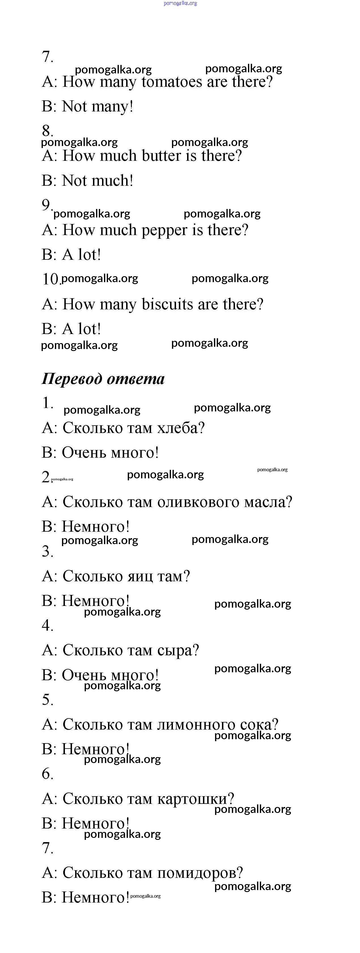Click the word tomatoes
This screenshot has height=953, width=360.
point(172,82)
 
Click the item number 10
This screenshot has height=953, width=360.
point(51,279)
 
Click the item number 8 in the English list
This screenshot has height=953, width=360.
point(47,131)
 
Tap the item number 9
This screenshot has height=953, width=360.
point(46,205)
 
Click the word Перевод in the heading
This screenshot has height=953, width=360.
point(72,379)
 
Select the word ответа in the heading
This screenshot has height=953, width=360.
point(135,379)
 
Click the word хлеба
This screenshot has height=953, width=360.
point(181,428)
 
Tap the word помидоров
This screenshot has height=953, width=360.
point(200,873)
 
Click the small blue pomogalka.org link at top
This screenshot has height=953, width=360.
point(180,3)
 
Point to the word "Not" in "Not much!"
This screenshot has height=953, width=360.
point(74,181)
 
